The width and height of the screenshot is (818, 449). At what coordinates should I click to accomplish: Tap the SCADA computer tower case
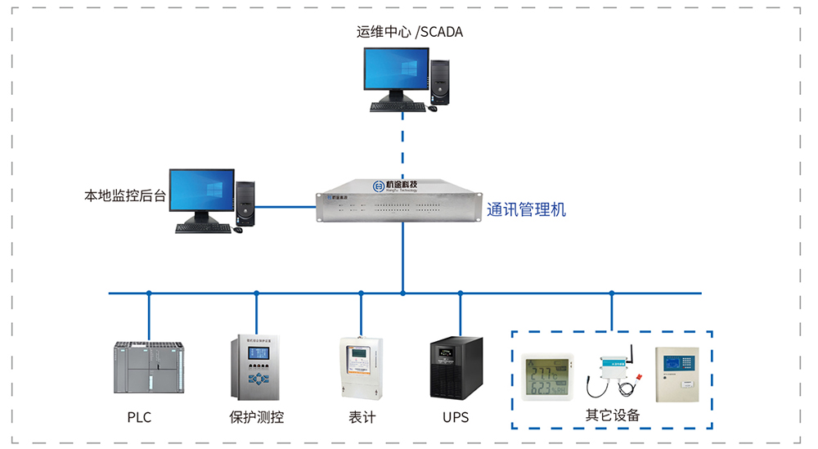[441, 83]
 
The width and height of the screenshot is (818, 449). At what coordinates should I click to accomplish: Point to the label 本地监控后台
[125, 196]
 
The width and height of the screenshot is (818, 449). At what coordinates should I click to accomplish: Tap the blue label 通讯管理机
[526, 209]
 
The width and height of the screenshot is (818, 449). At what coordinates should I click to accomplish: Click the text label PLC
[139, 417]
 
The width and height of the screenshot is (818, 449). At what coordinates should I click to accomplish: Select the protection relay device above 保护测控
[257, 367]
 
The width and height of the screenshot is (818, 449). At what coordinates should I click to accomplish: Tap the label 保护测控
[256, 417]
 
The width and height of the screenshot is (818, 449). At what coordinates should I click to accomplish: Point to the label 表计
[362, 417]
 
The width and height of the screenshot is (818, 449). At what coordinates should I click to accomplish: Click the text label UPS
[456, 417]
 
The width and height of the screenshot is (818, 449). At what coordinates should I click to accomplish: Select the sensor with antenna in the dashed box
[616, 373]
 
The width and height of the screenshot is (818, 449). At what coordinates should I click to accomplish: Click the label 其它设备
[612, 415]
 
